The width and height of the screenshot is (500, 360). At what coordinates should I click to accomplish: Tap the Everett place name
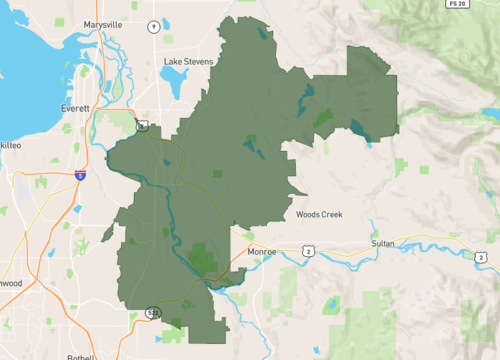click(75, 107)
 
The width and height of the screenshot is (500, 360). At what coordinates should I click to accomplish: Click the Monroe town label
click(261, 254)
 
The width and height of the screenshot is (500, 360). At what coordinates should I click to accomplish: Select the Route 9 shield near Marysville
click(153, 25)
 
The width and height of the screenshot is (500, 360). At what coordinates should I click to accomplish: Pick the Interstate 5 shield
click(79, 175)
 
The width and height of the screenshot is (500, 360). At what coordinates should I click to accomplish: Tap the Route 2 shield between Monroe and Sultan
click(310, 250)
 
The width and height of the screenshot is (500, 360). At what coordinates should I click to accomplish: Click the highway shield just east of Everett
click(144, 126)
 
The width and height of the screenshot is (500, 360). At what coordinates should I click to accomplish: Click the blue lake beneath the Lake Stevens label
click(178, 87)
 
